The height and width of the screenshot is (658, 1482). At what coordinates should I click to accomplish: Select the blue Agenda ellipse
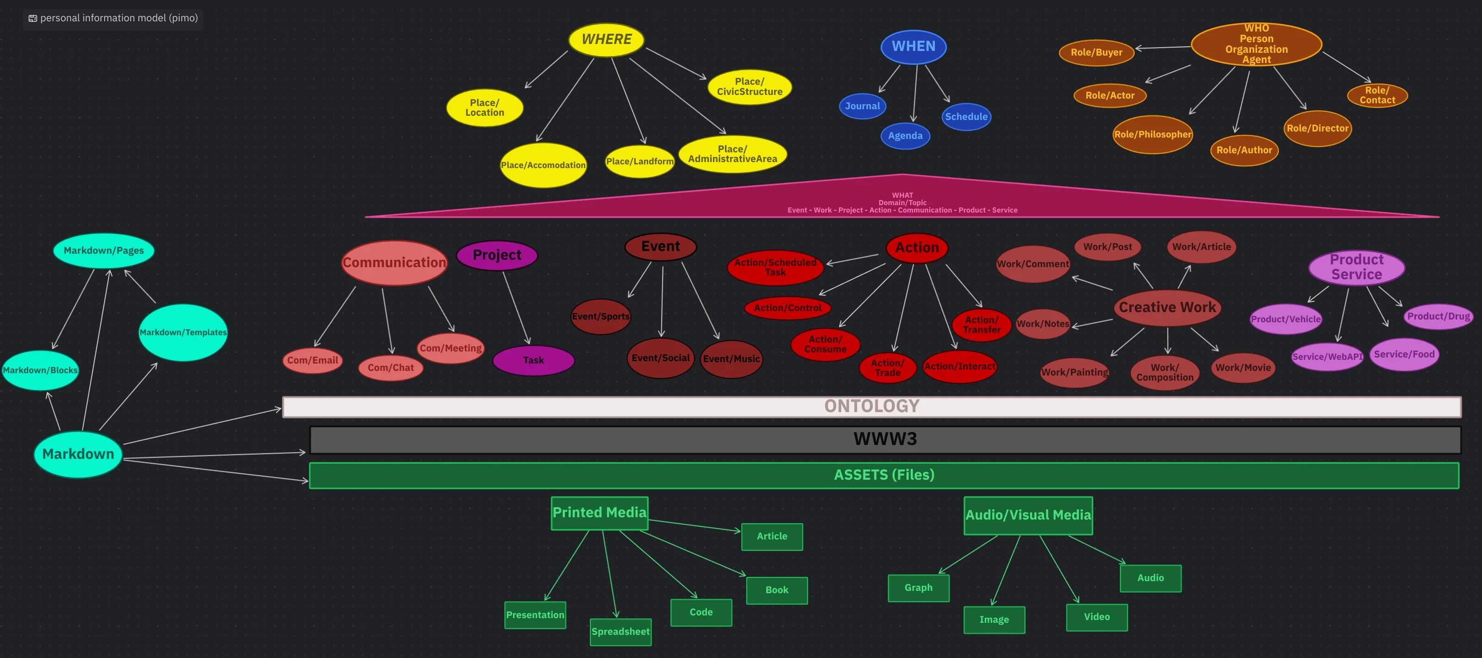tap(905, 136)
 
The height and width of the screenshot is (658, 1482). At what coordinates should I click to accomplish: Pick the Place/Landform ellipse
tap(640, 162)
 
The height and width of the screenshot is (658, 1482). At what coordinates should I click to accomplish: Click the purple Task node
tap(533, 360)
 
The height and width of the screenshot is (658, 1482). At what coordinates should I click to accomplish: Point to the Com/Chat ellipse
tap(391, 368)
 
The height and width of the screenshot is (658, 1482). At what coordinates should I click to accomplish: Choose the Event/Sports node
tap(600, 316)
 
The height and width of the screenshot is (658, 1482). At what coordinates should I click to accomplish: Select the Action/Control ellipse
tap(788, 308)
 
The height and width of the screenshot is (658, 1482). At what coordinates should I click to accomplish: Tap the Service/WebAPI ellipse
tap(1327, 357)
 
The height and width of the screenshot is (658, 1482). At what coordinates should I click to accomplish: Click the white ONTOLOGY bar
tap(872, 407)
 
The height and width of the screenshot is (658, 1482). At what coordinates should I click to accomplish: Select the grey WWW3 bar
tap(885, 439)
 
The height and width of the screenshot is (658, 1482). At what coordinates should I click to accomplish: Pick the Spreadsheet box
tap(621, 632)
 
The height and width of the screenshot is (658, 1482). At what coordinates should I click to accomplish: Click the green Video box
tap(1096, 617)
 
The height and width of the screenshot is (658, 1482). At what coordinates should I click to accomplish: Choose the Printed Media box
tap(600, 513)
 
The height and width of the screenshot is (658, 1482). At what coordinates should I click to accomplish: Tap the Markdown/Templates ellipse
tap(183, 332)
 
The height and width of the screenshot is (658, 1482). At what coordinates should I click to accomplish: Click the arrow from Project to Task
tap(517, 308)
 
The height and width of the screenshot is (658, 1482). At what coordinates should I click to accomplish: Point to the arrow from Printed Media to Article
tap(694, 526)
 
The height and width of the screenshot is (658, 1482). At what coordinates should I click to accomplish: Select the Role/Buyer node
tap(1096, 52)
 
